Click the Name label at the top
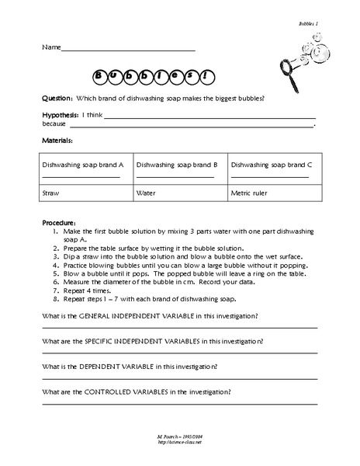50,48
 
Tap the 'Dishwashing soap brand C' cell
272,165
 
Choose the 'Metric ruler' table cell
251,190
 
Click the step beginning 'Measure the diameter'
155,282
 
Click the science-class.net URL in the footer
178,453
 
